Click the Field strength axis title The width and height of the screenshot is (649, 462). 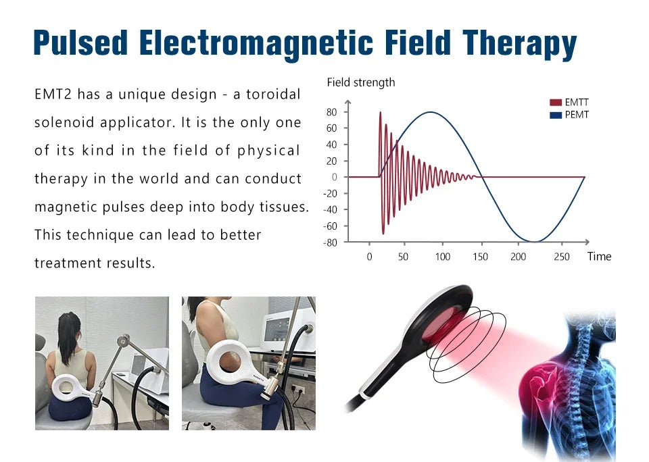click(x=360, y=82)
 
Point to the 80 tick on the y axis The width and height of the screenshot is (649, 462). click(x=332, y=112)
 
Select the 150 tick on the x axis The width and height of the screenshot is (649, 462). click(x=480, y=257)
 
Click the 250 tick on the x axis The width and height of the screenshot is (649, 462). click(x=561, y=257)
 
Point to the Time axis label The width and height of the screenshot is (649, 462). click(x=599, y=257)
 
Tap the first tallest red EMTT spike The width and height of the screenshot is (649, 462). click(x=380, y=113)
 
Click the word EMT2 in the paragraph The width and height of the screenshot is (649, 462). click(x=53, y=95)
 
